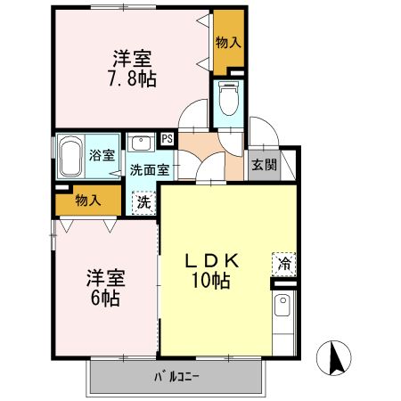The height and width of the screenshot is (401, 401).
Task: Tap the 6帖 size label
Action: pyautogui.click(x=104, y=296)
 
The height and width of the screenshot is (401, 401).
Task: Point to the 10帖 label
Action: pyautogui.click(x=211, y=282)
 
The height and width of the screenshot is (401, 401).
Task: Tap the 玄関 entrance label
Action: pyautogui.click(x=262, y=164)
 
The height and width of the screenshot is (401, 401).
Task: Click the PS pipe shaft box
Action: pyautogui.click(x=167, y=139)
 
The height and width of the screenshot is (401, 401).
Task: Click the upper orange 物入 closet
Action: pyautogui.click(x=228, y=42)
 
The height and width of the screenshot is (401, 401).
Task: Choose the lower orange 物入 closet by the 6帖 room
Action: pyautogui.click(x=87, y=200)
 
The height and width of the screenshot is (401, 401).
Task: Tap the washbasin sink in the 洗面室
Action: pyautogui.click(x=142, y=143)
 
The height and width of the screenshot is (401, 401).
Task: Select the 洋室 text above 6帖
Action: pyautogui.click(x=105, y=276)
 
